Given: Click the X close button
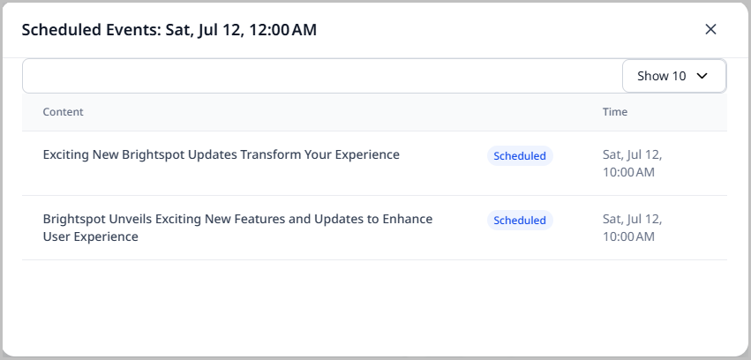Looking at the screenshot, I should click(710, 29).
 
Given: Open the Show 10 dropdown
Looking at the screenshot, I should click(673, 76).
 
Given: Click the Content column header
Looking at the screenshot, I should click(64, 112).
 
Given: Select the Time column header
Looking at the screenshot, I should click(615, 112).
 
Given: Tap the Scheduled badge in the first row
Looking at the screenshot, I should click(520, 156).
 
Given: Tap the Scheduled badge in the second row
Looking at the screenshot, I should click(520, 221).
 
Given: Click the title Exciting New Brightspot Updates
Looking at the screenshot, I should click(221, 154).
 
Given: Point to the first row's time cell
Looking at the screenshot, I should click(632, 163).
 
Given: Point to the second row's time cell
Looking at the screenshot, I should click(632, 228).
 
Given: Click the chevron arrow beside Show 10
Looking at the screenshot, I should click(702, 76).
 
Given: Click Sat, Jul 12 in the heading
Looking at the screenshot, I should click(199, 30).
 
